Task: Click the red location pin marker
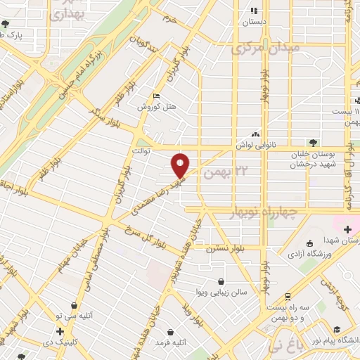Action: [x=181, y=164]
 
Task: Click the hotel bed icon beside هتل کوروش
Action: [x=156, y=96]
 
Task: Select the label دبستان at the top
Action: [x=255, y=22]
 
